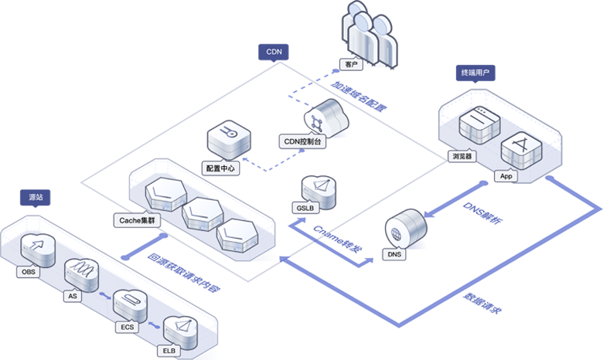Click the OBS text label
point(27,272)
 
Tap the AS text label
point(73,296)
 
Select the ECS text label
point(126,326)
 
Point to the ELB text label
point(168,350)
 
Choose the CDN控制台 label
point(302,142)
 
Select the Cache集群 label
point(136,220)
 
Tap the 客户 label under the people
point(350,64)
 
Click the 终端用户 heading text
point(475,73)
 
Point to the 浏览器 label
point(462,155)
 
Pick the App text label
point(506,176)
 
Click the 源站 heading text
point(36,197)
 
